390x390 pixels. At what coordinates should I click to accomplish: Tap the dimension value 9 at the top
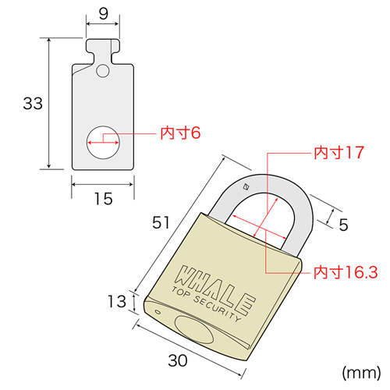(x=103, y=13)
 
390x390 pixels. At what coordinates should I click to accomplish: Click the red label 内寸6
(x=180, y=133)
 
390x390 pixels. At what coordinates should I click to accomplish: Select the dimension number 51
(x=161, y=222)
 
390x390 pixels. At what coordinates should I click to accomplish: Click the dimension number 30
(x=179, y=360)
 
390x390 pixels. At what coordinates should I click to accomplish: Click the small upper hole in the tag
(x=103, y=72)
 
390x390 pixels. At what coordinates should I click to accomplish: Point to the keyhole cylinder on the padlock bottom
(x=195, y=330)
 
